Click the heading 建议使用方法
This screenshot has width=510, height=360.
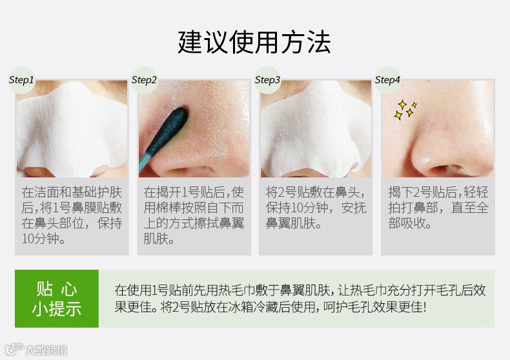click(x=254, y=42)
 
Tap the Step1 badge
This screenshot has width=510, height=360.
click(x=21, y=80)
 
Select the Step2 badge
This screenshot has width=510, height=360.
click(x=144, y=80)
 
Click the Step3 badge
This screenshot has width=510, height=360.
click(x=267, y=80)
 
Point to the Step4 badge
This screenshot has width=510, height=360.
click(x=387, y=80)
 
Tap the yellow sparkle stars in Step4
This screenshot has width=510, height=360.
click(x=405, y=110)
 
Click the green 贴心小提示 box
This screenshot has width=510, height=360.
click(x=57, y=298)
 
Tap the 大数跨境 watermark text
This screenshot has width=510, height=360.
click(x=46, y=350)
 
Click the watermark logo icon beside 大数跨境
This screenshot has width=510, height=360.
click(x=14, y=349)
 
